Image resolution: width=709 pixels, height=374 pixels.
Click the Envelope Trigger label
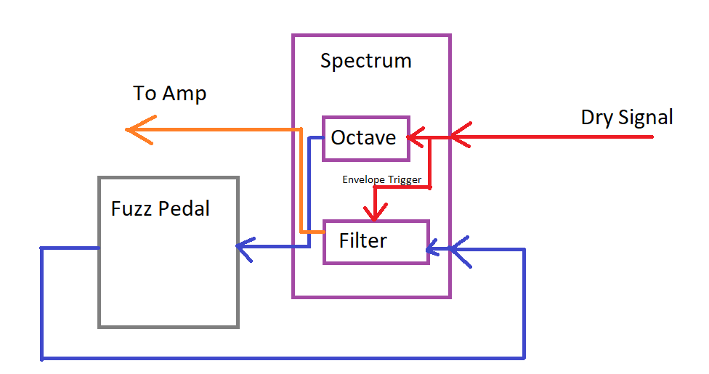[381, 180]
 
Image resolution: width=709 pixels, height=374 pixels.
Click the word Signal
[646, 117]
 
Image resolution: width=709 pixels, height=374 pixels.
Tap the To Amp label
[169, 94]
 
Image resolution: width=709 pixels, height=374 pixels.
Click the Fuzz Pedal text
[160, 208]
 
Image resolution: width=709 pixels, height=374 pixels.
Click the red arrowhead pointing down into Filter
[375, 212]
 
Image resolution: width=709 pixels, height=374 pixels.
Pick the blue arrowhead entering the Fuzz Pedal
[245, 249]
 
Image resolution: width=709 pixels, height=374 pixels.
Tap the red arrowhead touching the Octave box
[416, 137]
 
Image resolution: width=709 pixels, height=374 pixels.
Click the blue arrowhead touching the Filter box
[432, 248]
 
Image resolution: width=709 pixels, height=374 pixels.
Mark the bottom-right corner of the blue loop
[524, 359]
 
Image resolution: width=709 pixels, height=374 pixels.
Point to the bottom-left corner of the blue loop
[41, 359]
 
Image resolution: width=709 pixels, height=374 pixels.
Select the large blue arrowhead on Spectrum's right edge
[459, 251]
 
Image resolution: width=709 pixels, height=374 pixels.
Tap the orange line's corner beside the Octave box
[301, 130]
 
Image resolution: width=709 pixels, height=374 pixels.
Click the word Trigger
[404, 180]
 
